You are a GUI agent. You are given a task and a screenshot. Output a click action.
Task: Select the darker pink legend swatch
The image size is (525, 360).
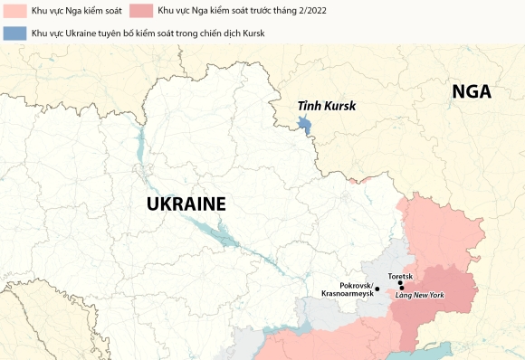[141, 11]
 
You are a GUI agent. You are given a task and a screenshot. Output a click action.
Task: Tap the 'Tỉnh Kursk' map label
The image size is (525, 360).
[327, 106]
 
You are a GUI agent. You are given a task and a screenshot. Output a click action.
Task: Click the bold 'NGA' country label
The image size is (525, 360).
[472, 92]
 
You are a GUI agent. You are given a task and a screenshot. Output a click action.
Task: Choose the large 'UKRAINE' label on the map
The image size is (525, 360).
[186, 204]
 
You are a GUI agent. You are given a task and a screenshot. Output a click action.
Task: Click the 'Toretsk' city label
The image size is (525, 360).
[400, 275]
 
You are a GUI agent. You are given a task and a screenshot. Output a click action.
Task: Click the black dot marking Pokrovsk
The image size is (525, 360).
[377, 289]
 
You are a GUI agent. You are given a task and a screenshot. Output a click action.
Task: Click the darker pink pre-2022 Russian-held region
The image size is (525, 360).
[444, 289]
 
